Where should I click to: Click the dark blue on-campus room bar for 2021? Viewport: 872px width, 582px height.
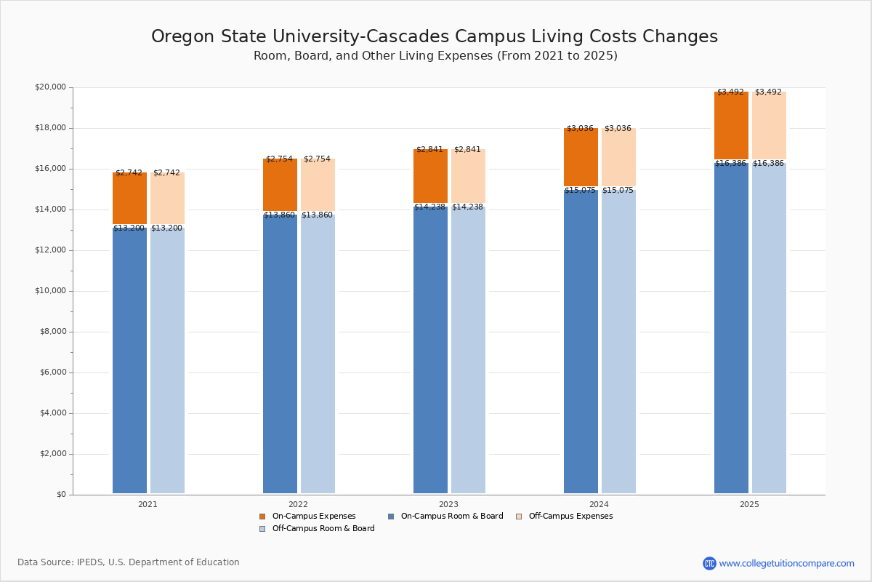coord(129,360)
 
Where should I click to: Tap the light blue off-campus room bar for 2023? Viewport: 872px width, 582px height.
coord(468,349)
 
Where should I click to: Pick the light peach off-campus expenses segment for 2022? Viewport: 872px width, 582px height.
coord(318,186)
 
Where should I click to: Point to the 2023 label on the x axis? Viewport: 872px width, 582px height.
coord(448,504)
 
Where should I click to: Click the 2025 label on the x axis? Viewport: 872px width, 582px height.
coord(749,504)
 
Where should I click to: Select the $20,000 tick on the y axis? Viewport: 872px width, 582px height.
coord(50,87)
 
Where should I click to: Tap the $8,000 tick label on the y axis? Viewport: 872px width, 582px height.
coord(52,332)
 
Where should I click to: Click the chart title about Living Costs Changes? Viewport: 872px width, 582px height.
coord(435,37)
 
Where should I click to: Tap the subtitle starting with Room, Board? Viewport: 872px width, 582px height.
coord(435,56)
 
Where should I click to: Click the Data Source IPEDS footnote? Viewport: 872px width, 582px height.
coord(129,562)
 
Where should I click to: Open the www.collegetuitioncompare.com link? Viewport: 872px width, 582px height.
coord(786,563)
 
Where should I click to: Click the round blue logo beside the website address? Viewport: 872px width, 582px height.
coord(709,563)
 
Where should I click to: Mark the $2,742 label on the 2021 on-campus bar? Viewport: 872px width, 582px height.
coord(129,173)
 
